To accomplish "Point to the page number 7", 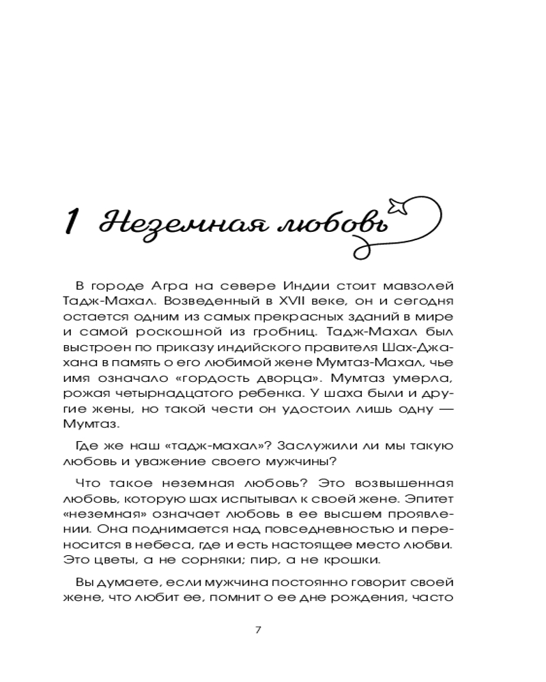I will pos(257,628).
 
